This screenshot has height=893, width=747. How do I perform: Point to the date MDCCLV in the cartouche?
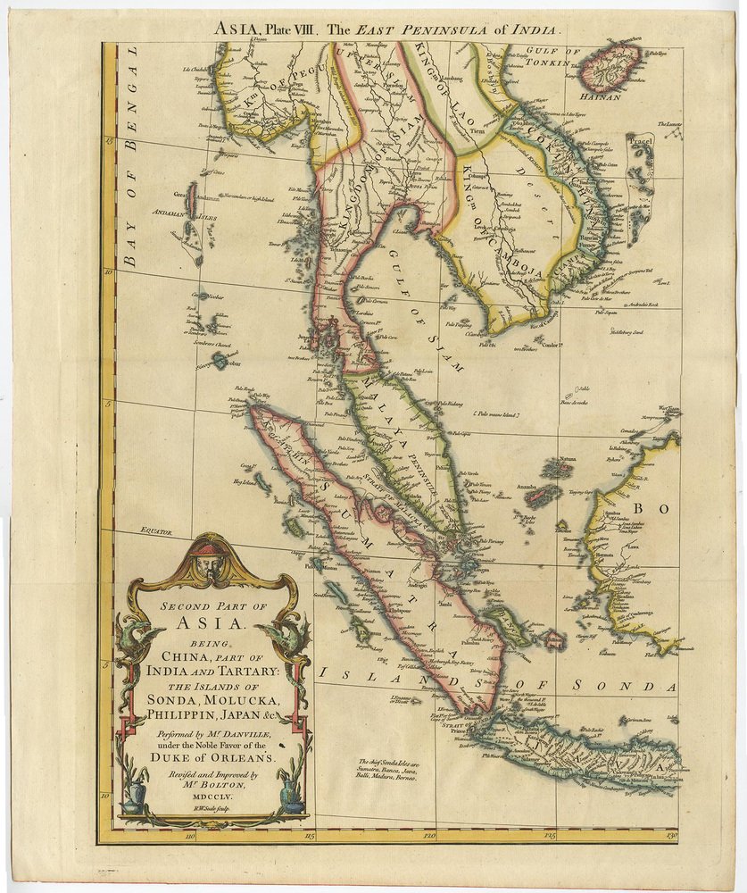212,789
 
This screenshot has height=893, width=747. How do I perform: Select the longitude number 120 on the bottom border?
429,836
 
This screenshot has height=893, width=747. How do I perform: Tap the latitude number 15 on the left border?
108,138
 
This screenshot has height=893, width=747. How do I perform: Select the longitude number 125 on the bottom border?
550,836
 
